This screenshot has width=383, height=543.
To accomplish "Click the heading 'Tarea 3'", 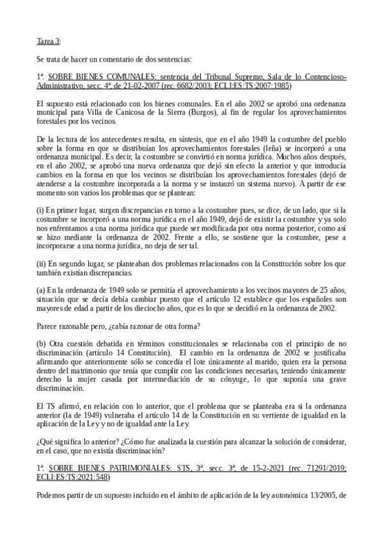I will click(48, 42).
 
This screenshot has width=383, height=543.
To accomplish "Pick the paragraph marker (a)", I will click(42, 289).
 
